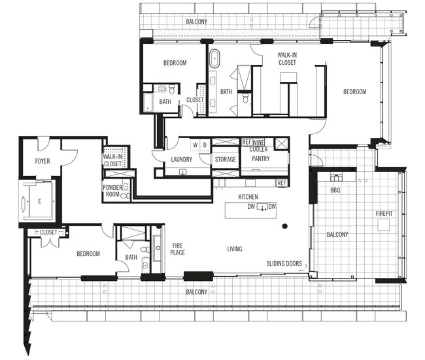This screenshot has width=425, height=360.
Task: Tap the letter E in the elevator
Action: point(39,202)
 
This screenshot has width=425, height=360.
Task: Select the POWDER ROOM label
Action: point(112,190)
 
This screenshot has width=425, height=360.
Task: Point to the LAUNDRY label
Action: point(181,159)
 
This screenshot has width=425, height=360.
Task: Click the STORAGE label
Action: point(225,159)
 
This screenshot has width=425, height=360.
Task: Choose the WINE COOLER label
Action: point(259,145)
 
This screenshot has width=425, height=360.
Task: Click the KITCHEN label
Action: point(248,196)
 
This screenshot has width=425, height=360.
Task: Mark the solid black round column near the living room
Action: point(284,226)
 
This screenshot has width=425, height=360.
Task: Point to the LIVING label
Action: point(235,249)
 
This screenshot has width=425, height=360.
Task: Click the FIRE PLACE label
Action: point(178,249)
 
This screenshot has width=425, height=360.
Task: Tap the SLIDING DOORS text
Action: point(284,264)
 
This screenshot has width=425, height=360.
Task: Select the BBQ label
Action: point(335,190)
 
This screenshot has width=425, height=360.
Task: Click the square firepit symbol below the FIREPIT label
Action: point(383,224)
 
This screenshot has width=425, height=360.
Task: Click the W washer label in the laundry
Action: point(194,144)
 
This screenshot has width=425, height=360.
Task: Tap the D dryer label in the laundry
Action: point(204,144)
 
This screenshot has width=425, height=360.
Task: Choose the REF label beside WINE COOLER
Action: point(246,141)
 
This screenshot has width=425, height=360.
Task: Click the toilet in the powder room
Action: point(126,187)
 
